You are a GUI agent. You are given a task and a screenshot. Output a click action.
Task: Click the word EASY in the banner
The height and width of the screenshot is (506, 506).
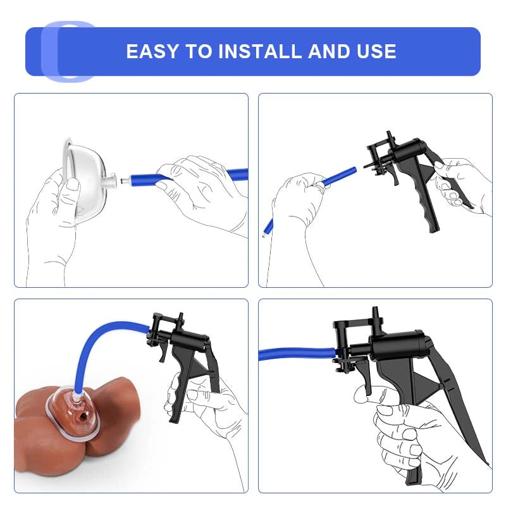[x=152, y=51]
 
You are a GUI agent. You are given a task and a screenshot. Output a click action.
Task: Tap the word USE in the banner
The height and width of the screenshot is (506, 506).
[x=376, y=51]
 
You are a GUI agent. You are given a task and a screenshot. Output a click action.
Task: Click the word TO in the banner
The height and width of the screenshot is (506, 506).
[x=198, y=51]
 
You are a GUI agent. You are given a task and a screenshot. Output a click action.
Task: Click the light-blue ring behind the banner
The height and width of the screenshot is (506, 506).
[x=49, y=52]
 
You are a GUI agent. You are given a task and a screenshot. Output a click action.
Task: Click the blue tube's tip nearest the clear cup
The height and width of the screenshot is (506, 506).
[x=132, y=180]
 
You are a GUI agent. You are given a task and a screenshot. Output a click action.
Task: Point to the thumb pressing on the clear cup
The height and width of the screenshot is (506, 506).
[x=72, y=191]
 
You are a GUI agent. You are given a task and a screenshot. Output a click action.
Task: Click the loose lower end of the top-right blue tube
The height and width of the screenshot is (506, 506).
[x=267, y=230]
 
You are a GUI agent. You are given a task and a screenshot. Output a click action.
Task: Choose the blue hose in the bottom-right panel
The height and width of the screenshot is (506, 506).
[x=297, y=354]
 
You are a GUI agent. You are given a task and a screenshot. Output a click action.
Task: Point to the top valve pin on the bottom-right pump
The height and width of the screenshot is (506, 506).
[x=375, y=314]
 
